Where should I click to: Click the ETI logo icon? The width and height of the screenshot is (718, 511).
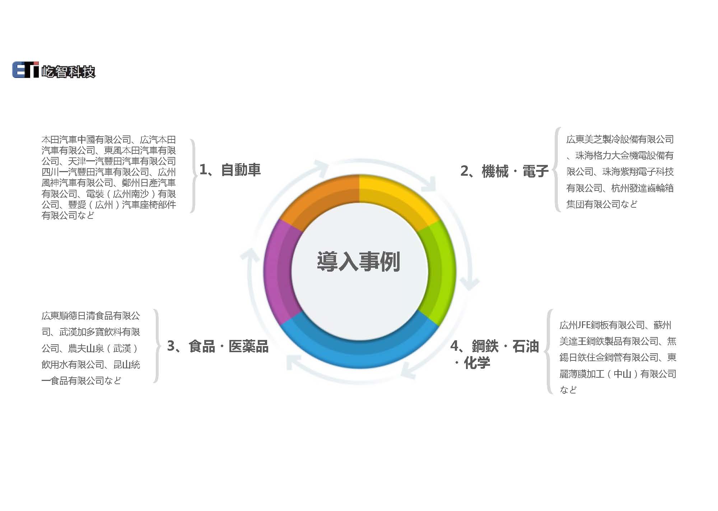pos(25,70)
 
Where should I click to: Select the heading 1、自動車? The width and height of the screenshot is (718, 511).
pos(230,170)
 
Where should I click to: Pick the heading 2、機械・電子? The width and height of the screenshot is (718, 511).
pos(504,171)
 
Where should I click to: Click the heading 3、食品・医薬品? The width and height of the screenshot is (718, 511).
pos(218,346)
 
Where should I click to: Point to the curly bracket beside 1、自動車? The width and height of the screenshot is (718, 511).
pos(194,176)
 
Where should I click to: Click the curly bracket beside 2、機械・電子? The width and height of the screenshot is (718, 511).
pos(556,169)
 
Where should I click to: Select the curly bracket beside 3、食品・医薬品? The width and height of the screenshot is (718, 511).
pos(157,346)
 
